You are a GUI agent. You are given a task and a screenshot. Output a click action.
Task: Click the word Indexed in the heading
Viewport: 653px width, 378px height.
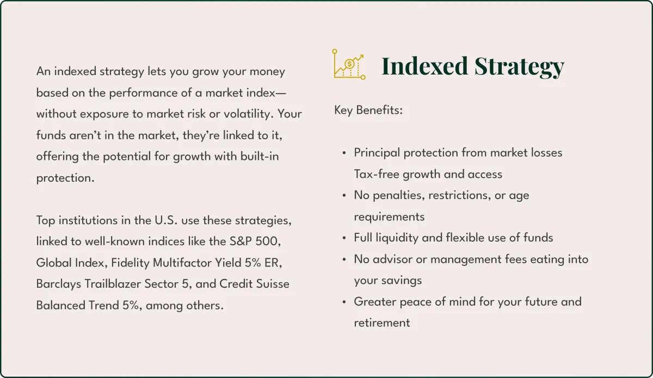pyautogui.click(x=425, y=66)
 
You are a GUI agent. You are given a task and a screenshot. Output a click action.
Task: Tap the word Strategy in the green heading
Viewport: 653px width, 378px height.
pyautogui.click(x=520, y=67)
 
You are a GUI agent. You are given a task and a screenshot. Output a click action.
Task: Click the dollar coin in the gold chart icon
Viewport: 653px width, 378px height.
pyautogui.click(x=349, y=64)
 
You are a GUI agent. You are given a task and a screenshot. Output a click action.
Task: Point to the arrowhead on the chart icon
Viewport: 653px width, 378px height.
pyautogui.click(x=361, y=57)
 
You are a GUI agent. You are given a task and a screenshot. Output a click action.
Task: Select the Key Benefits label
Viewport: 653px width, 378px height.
pyautogui.click(x=368, y=110)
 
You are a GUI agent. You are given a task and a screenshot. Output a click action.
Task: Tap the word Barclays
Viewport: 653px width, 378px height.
pyautogui.click(x=59, y=284)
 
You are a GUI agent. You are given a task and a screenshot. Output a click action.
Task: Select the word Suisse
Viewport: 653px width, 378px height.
pyautogui.click(x=273, y=284)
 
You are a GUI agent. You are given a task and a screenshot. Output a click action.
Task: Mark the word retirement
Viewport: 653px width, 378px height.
pyautogui.click(x=382, y=323)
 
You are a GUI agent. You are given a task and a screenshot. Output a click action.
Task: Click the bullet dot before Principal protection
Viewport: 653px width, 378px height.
pyautogui.click(x=344, y=153)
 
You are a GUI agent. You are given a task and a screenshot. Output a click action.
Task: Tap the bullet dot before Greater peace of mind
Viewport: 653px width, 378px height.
pyautogui.click(x=344, y=302)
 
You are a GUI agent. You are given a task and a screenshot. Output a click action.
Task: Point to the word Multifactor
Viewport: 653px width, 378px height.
pyautogui.click(x=182, y=263)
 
